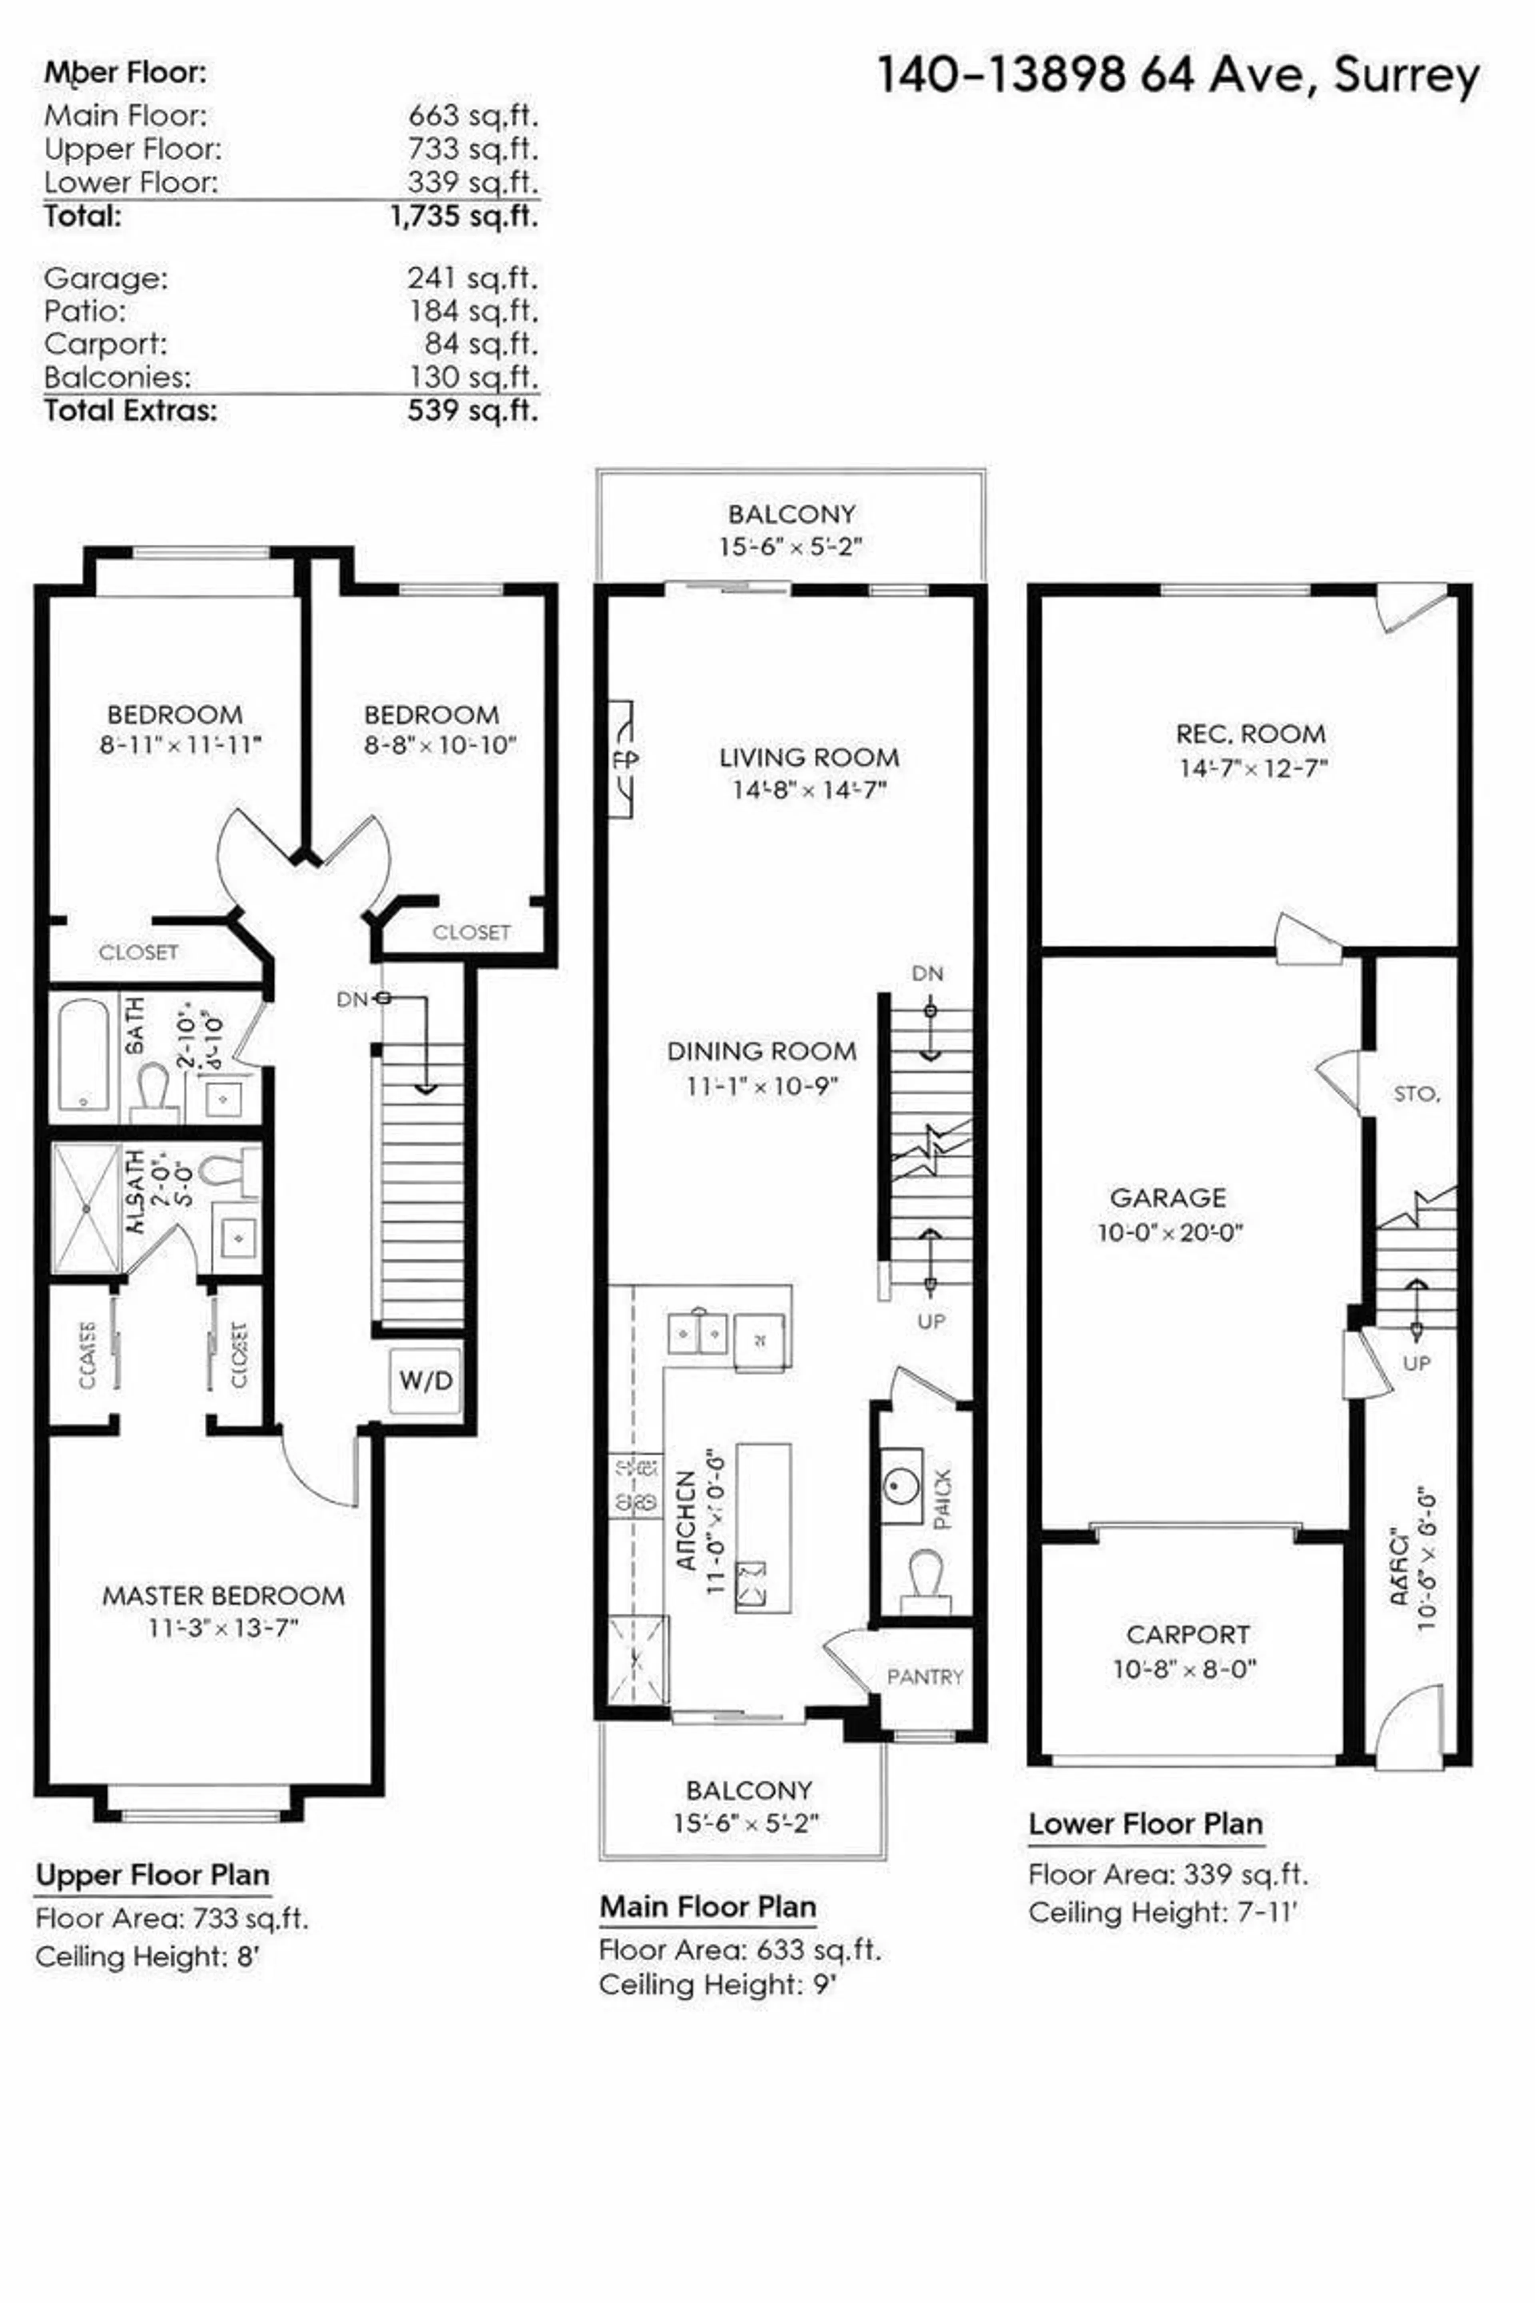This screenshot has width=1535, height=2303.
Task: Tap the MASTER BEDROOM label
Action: tap(223, 1596)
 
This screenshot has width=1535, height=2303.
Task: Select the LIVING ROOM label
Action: tap(809, 757)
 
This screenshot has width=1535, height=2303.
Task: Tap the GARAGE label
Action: tap(1168, 1197)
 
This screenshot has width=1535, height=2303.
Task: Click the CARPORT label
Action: tap(1188, 1634)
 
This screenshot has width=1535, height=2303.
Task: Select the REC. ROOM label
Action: tap(1251, 733)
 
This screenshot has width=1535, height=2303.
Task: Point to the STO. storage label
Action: tap(1415, 1094)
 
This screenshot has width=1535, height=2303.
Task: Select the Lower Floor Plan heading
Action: tap(1145, 1824)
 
